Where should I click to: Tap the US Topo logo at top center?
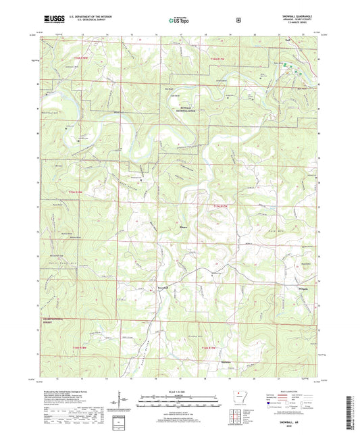(179, 20)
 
